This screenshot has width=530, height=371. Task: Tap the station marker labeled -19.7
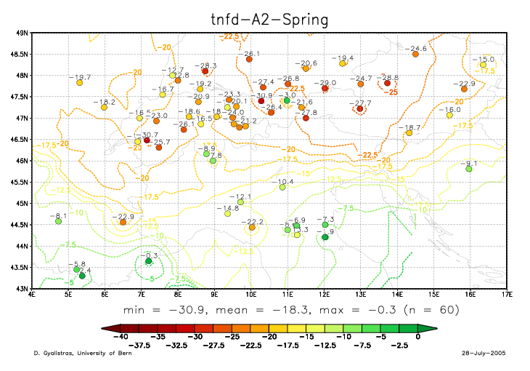(79, 83)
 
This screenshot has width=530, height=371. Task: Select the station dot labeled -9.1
(469, 169)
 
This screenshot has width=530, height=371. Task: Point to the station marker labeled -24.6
(415, 54)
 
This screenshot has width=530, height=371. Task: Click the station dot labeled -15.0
(483, 65)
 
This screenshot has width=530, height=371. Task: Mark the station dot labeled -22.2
(252, 227)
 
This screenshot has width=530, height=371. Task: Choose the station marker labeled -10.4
(282, 187)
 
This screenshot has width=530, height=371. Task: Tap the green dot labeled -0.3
(148, 260)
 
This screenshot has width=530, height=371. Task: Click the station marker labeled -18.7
(409, 132)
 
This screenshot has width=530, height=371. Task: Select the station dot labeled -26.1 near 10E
(249, 59)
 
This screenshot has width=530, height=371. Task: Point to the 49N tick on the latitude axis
(21, 33)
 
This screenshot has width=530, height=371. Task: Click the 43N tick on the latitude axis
(21, 289)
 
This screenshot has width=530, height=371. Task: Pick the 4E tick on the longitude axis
(32, 295)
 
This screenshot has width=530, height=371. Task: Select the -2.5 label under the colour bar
(400, 344)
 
